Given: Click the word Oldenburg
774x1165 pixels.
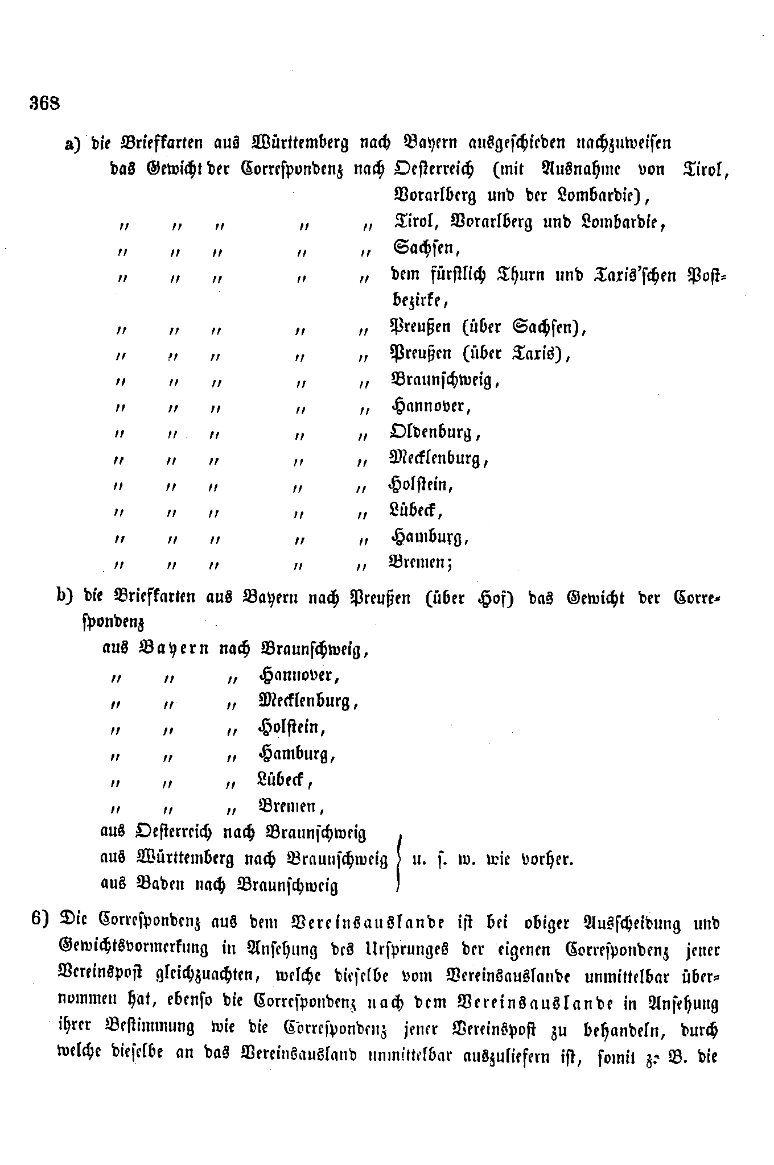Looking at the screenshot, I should tap(435, 432).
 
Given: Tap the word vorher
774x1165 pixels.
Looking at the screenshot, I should tap(547, 859).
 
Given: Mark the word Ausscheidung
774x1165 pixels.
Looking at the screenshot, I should tap(628, 923).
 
